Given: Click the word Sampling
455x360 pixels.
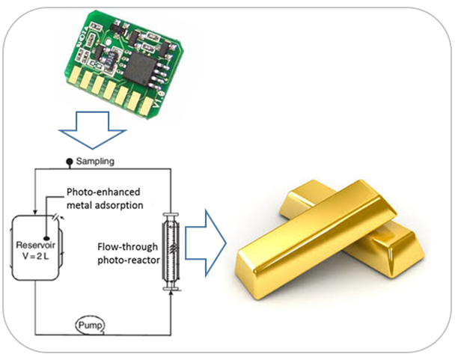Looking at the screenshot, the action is [x=95, y=162].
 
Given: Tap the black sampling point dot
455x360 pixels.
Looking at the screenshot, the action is [x=70, y=161].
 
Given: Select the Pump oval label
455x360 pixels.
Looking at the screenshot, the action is [x=91, y=326].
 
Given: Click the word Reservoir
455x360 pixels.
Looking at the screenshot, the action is [x=35, y=245].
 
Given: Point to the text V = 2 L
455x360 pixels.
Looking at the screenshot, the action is [x=35, y=257].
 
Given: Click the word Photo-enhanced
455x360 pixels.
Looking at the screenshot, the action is [x=103, y=192].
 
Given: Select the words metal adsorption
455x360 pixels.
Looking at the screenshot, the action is [x=105, y=205].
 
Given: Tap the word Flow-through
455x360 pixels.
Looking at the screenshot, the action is [x=128, y=247].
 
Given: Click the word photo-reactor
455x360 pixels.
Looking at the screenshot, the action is [x=129, y=260].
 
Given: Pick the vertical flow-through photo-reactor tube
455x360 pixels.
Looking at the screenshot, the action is [x=171, y=251].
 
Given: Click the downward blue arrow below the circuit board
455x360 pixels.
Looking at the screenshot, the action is [x=92, y=129].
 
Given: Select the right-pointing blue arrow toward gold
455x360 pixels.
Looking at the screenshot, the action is [x=206, y=242].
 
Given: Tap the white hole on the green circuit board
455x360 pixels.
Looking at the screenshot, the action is [x=109, y=42].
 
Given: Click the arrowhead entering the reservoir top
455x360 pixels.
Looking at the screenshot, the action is [x=35, y=213].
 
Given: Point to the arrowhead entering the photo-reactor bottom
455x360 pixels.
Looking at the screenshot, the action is [x=171, y=293].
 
